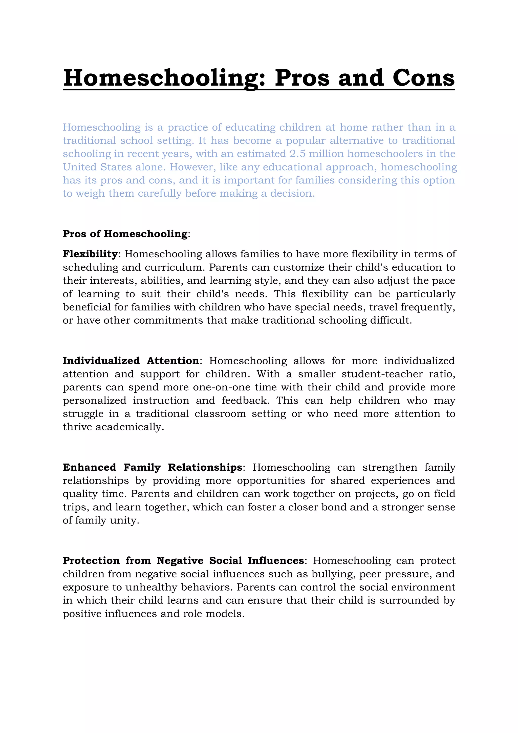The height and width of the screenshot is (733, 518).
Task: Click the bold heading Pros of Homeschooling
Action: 125,234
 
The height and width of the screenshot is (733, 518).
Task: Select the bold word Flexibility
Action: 90,254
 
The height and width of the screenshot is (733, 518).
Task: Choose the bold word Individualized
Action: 101,361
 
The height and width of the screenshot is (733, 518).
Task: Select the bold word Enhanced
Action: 89,467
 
